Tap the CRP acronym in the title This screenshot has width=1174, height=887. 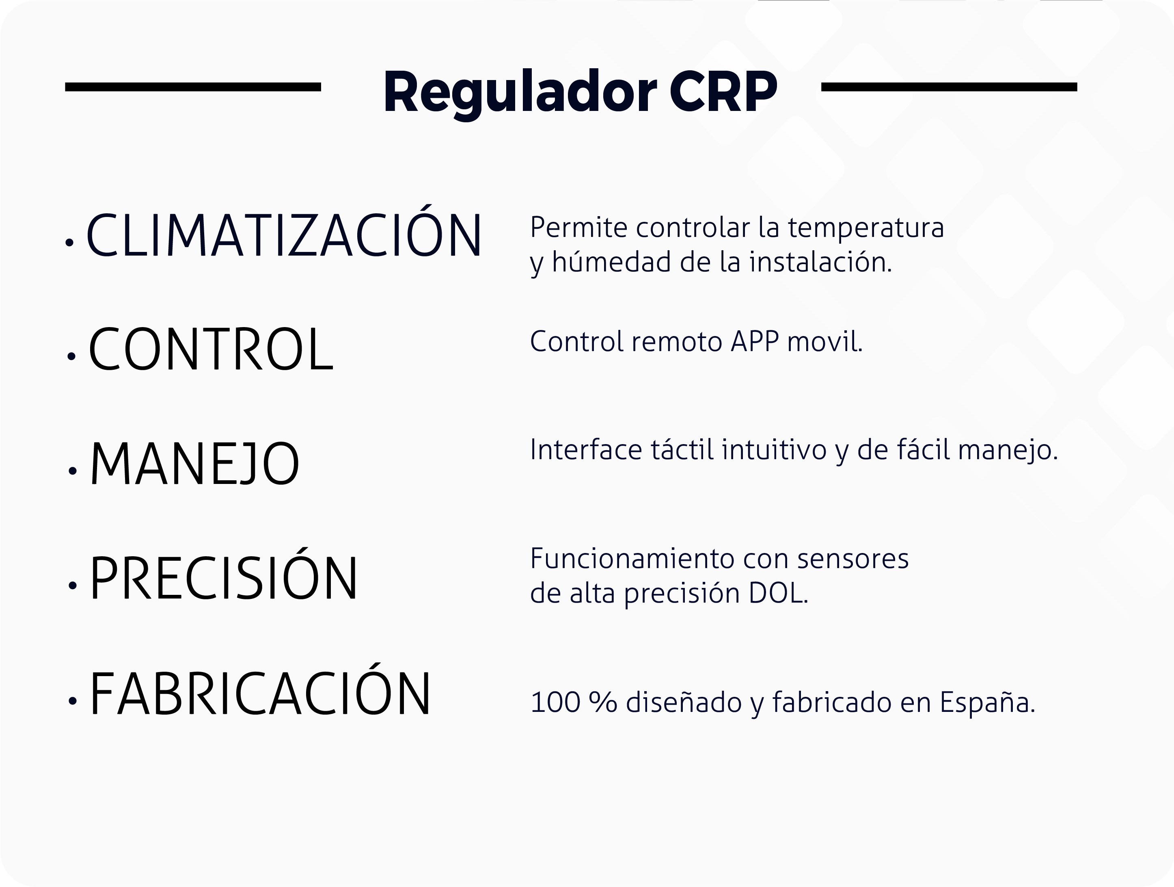[x=723, y=92]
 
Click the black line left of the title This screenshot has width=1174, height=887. [x=193, y=87]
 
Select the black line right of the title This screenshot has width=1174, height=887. [x=949, y=87]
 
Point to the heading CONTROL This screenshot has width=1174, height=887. [x=211, y=349]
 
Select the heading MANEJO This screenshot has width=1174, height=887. [x=195, y=463]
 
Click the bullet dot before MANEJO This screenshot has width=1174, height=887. [x=73, y=471]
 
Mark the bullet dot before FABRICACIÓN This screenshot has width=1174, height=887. [x=73, y=700]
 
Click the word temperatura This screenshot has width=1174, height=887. [x=865, y=228]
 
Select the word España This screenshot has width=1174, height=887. [x=987, y=702]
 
